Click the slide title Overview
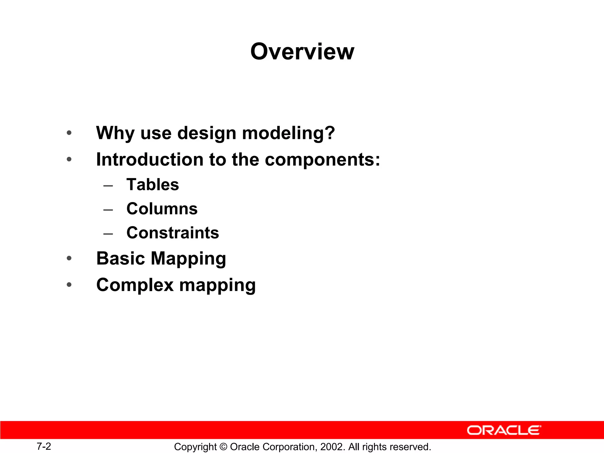[x=302, y=52]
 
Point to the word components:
[x=322, y=160]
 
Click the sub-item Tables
[x=152, y=185]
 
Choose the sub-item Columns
[x=162, y=209]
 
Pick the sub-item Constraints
[x=173, y=233]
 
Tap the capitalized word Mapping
[x=188, y=259]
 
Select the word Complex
[x=135, y=285]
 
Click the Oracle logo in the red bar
[x=504, y=430]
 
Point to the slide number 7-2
[x=44, y=446]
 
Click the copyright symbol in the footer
[x=223, y=447]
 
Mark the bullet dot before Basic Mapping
[x=69, y=259]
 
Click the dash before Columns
[x=108, y=210]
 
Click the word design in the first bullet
[x=206, y=133]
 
